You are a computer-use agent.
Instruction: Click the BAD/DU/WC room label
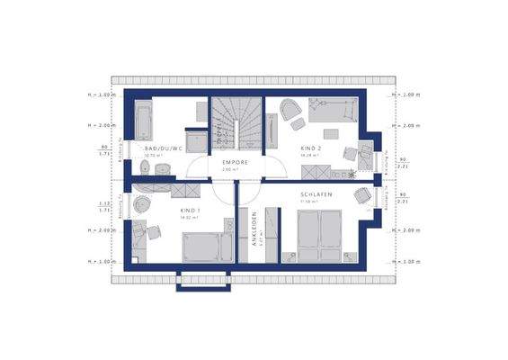pyautogui.click(x=165, y=148)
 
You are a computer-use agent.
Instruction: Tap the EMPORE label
pyautogui.click(x=235, y=163)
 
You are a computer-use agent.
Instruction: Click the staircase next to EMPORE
pyautogui.click(x=235, y=124)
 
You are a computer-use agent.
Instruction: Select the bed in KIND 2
pyautogui.click(x=332, y=112)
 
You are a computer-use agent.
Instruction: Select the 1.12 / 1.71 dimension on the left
pyautogui.click(x=105, y=206)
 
